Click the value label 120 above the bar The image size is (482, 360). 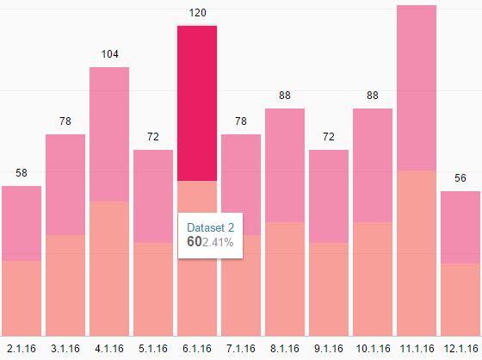pyautogui.click(x=197, y=13)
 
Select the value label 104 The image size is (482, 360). pyautogui.click(x=109, y=54)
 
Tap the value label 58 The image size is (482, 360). pyautogui.click(x=22, y=173)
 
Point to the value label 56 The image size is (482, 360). pyautogui.click(x=460, y=178)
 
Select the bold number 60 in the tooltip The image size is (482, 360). pyautogui.click(x=194, y=242)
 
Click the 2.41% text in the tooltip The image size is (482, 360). pyautogui.click(x=218, y=242)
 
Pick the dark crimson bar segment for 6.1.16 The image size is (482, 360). pyautogui.click(x=197, y=103)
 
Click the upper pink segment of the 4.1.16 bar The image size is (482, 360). pyautogui.click(x=109, y=133)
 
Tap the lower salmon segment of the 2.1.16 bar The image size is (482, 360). pyautogui.click(x=22, y=297)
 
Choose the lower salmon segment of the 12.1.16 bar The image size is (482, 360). pyautogui.click(x=460, y=299)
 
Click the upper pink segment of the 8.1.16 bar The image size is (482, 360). pyautogui.click(x=285, y=164)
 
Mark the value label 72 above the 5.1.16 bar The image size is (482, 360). pyautogui.click(x=153, y=137)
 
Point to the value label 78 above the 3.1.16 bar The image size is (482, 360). pyautogui.click(x=65, y=121)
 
